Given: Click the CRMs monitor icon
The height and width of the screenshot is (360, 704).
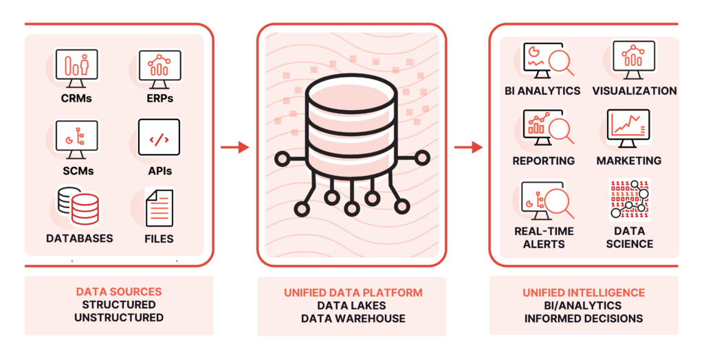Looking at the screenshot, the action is coord(76,68).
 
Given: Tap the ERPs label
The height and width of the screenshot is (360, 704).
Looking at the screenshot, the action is coord(159,98).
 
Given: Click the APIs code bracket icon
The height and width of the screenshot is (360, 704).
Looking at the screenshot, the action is coord(159,137).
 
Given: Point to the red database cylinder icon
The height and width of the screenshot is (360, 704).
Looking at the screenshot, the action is coord(85,209).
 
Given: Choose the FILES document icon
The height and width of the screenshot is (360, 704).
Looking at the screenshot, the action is coord(159,208).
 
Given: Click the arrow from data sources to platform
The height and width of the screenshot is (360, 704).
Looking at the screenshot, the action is coord(235,147).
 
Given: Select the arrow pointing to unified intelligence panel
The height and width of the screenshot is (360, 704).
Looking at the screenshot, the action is coord(468,147).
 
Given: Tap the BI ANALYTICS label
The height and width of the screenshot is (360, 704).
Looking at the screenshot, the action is coord(542,91).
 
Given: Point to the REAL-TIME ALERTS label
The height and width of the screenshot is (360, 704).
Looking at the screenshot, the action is coord(544,238).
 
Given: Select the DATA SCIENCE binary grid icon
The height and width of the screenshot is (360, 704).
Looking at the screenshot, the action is coord(630,200).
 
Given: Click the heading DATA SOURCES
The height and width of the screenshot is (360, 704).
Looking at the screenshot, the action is coord(119,292).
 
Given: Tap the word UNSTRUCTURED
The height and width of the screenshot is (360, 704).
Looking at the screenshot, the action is coord(119,318).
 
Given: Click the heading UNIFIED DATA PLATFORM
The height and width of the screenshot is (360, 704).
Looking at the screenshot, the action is coord(353,293).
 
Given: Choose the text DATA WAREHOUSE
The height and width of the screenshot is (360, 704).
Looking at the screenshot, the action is coord(353,319).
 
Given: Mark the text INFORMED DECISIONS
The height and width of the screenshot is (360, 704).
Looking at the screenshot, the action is coord(584,319).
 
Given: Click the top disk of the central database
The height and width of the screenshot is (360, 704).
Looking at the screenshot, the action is coord(351,93).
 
